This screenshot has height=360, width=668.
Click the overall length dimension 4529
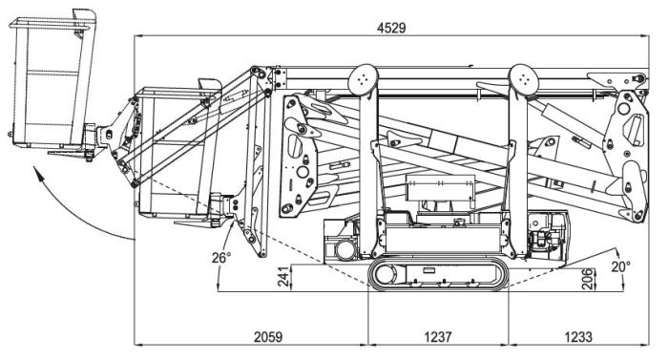coord(391,28)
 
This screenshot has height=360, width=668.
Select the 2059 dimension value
coord(268,337)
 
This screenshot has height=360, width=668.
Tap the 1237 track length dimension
coord(437,337)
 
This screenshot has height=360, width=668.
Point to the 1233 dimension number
coord(578,337)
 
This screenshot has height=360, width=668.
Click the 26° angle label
coord(221,258)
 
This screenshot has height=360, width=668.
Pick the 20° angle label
coord(620,266)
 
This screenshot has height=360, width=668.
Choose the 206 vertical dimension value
coord(588,279)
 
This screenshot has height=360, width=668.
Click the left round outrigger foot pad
coord(363,80)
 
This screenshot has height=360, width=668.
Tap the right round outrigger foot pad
coord(524,80)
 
